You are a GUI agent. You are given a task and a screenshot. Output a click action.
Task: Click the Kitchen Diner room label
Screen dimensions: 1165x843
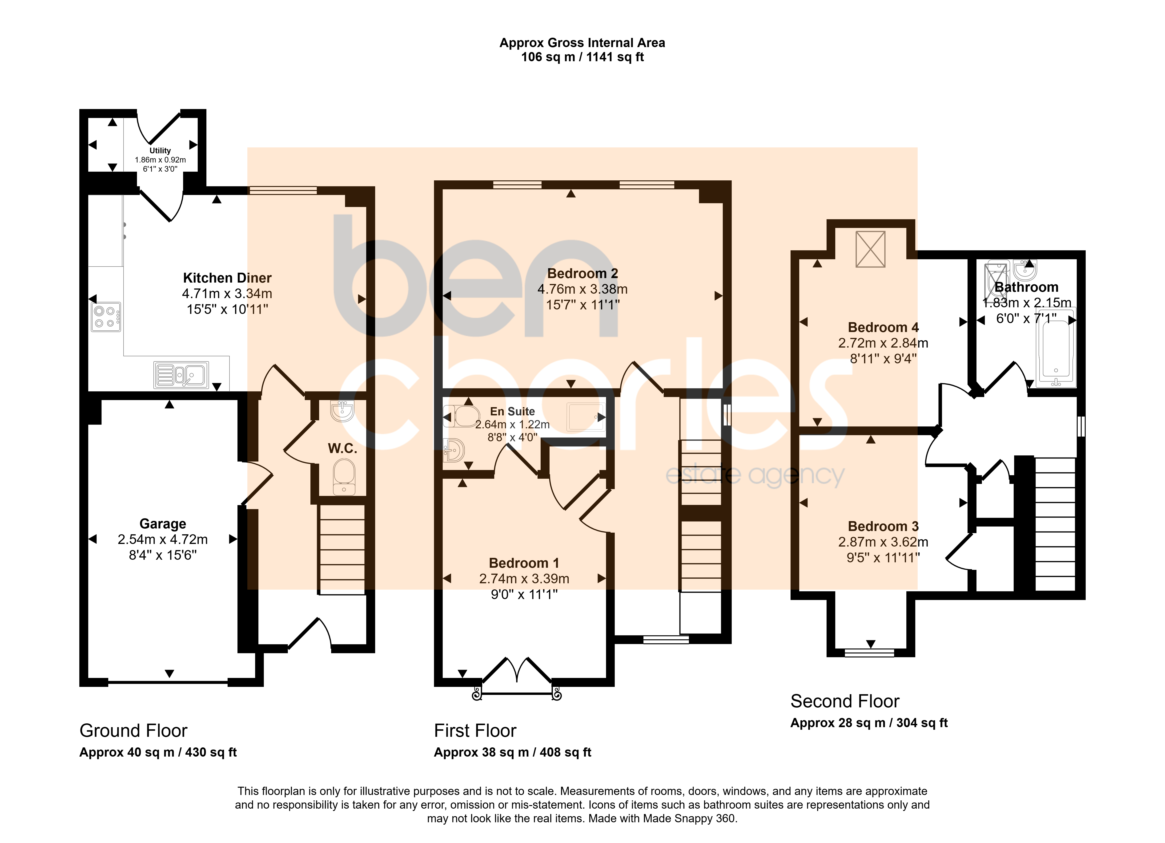[x=227, y=278]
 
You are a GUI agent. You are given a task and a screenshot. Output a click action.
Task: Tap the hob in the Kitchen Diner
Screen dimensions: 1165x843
[x=106, y=317]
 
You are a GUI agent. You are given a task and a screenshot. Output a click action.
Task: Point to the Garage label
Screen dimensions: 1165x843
[x=163, y=524]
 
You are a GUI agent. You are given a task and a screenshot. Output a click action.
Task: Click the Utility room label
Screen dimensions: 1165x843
[x=160, y=151]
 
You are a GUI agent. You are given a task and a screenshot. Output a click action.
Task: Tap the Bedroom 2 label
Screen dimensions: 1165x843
[x=582, y=273]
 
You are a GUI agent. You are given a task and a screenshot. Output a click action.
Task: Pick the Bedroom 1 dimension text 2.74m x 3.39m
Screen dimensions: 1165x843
[x=524, y=579]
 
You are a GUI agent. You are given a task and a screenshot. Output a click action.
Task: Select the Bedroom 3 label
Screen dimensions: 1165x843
[x=883, y=526]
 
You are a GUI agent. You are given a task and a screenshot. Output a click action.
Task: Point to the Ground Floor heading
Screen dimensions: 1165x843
[x=133, y=730]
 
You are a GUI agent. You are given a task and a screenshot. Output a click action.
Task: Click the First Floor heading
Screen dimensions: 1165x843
[x=475, y=730]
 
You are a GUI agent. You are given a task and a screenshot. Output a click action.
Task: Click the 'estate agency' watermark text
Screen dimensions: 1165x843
[x=755, y=475]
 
